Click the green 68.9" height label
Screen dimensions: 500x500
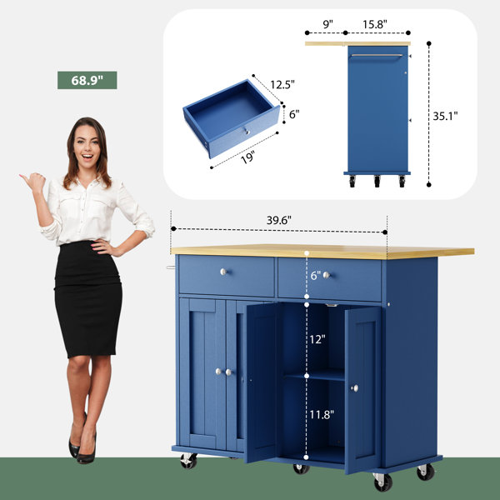87,80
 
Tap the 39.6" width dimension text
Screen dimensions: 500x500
279,220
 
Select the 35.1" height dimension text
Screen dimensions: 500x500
445,116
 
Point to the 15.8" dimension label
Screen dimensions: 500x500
375,24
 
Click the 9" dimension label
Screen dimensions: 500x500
328,24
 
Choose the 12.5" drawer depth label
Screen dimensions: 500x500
282,84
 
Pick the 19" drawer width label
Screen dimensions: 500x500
248,157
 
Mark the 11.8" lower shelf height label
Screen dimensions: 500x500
322,414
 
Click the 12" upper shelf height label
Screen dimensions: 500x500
317,339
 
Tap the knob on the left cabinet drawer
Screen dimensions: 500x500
223,272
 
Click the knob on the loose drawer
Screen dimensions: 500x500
246,131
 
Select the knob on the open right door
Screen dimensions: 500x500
355,388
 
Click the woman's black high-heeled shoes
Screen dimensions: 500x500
82,444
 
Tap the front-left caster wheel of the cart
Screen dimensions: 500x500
188,461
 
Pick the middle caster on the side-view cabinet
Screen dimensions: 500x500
377,181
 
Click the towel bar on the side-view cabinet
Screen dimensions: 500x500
377,56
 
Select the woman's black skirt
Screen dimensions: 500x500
87,300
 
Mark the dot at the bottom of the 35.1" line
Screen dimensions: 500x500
429,185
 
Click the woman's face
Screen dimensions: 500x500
87,144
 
